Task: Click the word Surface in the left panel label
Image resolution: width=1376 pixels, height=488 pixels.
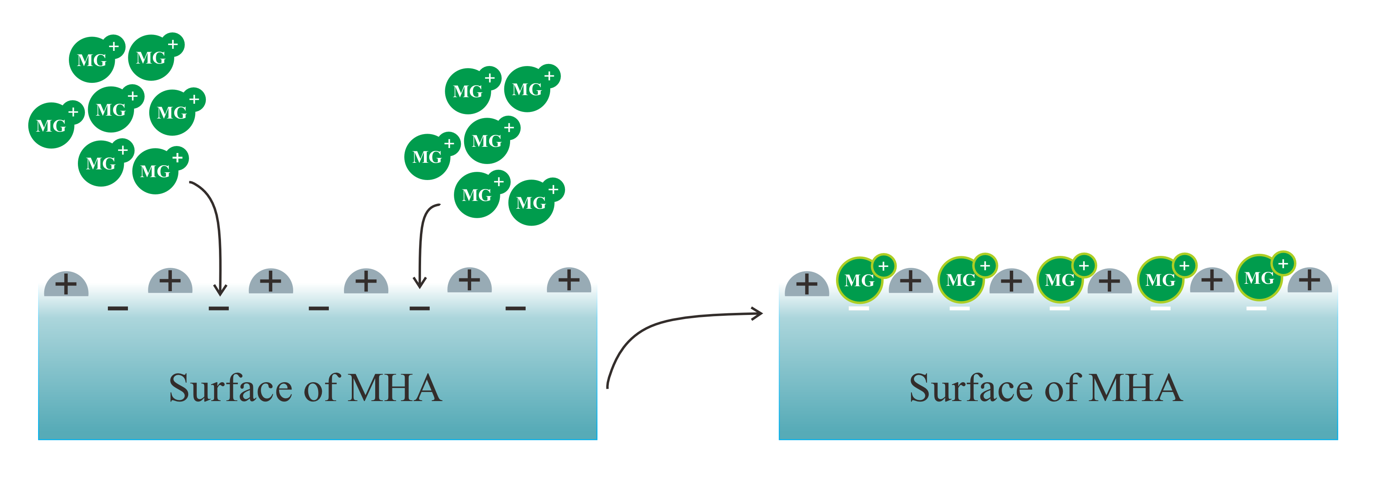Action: coord(231,389)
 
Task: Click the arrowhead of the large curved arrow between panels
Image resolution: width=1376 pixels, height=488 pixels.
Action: coord(757,314)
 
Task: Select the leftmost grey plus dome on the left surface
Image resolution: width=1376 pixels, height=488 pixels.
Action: coord(66,284)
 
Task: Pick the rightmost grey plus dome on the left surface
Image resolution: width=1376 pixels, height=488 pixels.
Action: coord(569,280)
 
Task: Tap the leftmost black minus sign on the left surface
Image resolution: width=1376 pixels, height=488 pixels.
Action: coord(118,308)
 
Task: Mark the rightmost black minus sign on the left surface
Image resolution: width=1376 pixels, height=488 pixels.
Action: coord(515,308)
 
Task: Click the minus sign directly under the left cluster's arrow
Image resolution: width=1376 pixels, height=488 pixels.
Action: coord(219,308)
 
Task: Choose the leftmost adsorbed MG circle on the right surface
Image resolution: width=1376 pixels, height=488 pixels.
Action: coord(859,280)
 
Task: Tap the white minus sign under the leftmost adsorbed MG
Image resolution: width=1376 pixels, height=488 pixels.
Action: coord(859,308)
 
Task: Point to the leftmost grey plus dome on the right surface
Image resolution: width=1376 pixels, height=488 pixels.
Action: coord(806,284)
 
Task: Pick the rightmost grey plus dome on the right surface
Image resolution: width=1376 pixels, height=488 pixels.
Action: coord(1309,280)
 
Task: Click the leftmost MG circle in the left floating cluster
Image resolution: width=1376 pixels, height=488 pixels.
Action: coord(51,125)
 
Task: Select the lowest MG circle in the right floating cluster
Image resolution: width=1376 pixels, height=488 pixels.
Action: coord(531,203)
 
